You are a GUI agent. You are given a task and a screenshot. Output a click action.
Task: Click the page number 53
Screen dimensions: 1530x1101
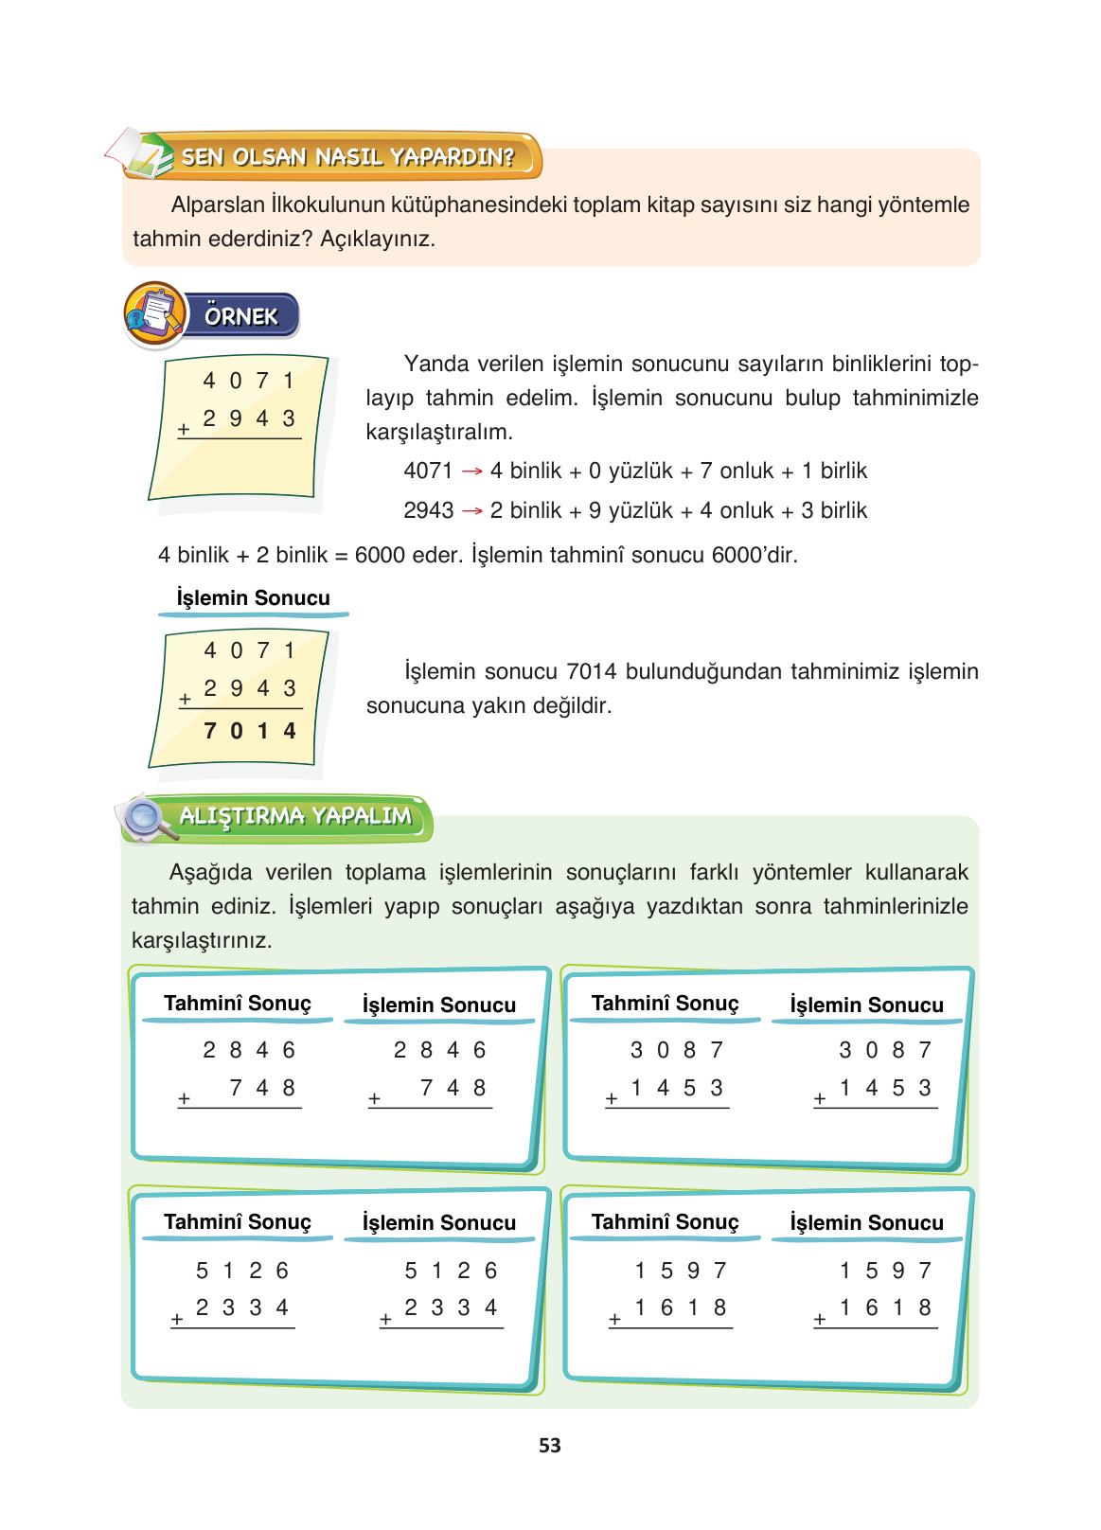pyautogui.click(x=549, y=1446)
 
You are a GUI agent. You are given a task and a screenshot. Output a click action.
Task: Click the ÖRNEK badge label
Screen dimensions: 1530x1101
pyautogui.click(x=241, y=316)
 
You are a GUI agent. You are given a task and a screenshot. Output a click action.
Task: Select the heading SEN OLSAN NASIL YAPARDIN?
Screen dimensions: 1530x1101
pyautogui.click(x=347, y=157)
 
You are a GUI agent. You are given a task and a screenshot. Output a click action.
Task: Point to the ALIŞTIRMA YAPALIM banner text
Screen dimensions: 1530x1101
pyautogui.click(x=295, y=816)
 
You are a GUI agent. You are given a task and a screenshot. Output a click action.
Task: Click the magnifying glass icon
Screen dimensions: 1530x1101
pyautogui.click(x=145, y=818)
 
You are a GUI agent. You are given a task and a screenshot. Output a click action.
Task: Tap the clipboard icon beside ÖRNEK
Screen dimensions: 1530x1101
pyautogui.click(x=154, y=314)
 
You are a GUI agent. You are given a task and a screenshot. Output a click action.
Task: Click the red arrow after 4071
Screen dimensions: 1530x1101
pyautogui.click(x=471, y=471)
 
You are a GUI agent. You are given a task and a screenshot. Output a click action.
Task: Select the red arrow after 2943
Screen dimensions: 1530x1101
pyautogui.click(x=471, y=511)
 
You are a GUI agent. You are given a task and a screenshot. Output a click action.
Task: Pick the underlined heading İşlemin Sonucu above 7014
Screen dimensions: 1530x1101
pyautogui.click(x=253, y=598)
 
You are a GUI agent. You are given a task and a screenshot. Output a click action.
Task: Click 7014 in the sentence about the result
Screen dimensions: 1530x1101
pyautogui.click(x=594, y=672)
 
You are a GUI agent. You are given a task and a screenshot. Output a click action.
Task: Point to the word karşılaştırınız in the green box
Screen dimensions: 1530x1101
pyautogui.click(x=202, y=941)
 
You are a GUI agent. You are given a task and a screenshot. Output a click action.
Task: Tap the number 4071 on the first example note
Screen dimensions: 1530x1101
pyautogui.click(x=249, y=382)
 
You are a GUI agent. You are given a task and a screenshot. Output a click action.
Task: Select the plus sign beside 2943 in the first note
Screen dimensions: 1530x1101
pyautogui.click(x=184, y=430)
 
